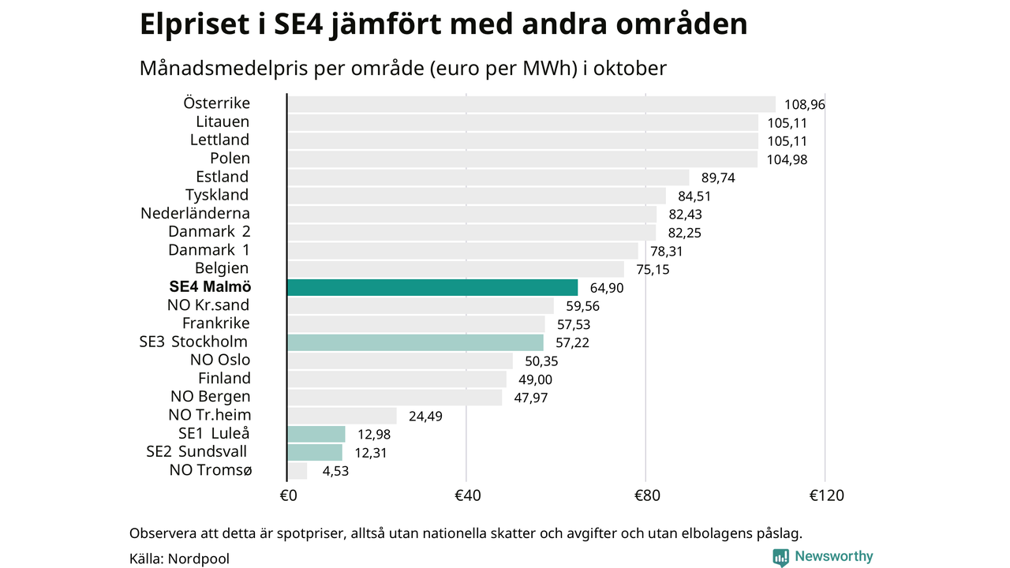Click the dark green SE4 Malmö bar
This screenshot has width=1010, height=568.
[x=432, y=287]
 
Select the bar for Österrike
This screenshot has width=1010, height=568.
[x=531, y=104]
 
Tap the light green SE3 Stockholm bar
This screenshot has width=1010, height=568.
[x=415, y=342]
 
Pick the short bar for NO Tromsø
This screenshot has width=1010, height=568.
[x=297, y=471]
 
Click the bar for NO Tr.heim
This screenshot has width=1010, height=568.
[x=342, y=416]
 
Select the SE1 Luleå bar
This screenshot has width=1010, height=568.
[x=316, y=434]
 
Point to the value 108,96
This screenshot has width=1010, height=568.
[x=804, y=104]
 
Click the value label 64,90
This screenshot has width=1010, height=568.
[x=607, y=288]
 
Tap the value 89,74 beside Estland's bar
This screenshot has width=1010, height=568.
[x=718, y=177]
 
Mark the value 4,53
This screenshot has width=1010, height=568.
[x=335, y=471]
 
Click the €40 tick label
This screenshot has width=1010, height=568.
[x=467, y=495]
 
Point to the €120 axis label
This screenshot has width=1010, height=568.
[x=826, y=495]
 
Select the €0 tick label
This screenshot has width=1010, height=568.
[x=288, y=495]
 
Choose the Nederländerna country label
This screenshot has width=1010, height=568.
[x=195, y=213]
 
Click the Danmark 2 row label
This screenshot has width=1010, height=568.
[x=208, y=231]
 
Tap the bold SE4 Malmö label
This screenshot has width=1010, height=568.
[x=210, y=287]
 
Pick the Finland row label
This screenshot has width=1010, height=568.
[x=224, y=378]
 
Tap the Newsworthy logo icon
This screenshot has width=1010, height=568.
[x=780, y=557]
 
